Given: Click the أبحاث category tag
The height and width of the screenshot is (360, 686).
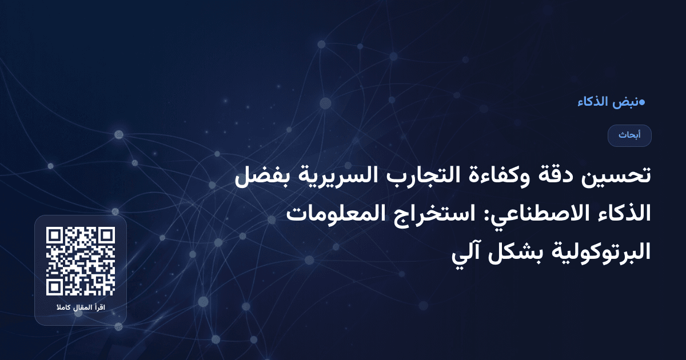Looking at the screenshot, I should (629, 135).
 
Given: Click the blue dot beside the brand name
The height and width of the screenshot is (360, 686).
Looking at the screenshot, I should (642, 102).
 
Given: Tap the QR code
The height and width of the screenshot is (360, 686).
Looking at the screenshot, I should (81, 261).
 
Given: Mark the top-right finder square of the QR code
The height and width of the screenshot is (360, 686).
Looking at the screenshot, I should (106, 235).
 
